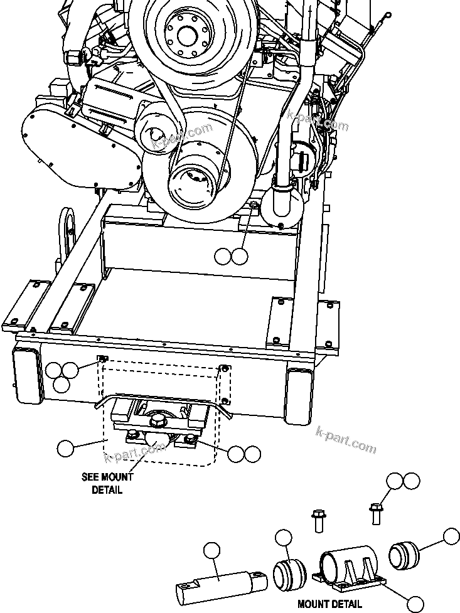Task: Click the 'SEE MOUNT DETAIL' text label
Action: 107,483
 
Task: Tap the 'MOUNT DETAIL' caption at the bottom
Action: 329,604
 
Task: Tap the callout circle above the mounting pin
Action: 212,550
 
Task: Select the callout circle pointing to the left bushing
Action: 284,538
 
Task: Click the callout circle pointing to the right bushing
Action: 451,536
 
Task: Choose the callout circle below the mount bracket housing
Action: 415,604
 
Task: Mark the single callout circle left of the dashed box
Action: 65,448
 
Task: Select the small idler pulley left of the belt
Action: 154,133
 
